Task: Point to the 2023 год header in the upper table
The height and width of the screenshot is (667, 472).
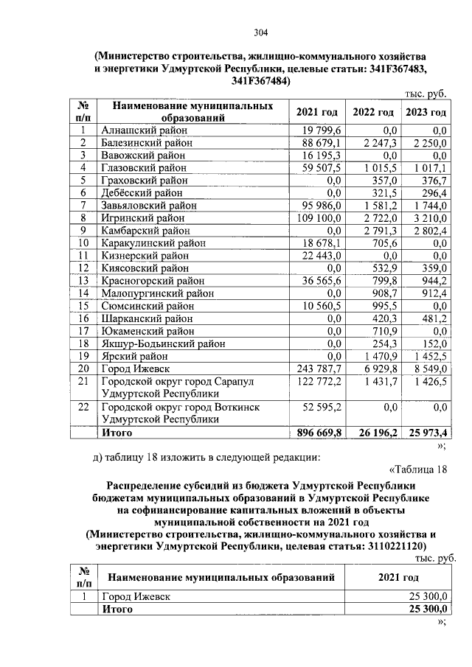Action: (x=426, y=112)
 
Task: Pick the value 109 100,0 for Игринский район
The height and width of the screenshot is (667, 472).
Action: (x=319, y=218)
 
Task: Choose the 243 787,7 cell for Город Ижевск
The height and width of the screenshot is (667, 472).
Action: (x=319, y=369)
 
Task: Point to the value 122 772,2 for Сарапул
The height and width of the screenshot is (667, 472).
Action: (x=319, y=382)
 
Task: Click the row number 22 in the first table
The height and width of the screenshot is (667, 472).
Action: (x=83, y=407)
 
